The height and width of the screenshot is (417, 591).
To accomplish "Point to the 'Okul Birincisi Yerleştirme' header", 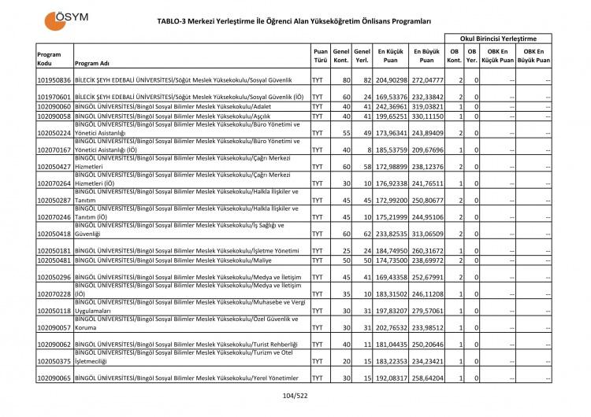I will [498, 38].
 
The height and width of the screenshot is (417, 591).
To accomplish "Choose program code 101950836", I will [54, 80].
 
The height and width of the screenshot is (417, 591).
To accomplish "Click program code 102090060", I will [54, 105].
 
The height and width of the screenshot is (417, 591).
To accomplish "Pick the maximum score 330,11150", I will [426, 115].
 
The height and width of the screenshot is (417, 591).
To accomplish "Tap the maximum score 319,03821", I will [426, 105].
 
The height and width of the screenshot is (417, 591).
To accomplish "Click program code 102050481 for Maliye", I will [54, 260].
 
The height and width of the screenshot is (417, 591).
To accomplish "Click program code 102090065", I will [54, 378].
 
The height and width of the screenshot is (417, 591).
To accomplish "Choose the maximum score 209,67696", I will [426, 149].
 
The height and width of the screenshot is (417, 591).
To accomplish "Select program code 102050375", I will [54, 361].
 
